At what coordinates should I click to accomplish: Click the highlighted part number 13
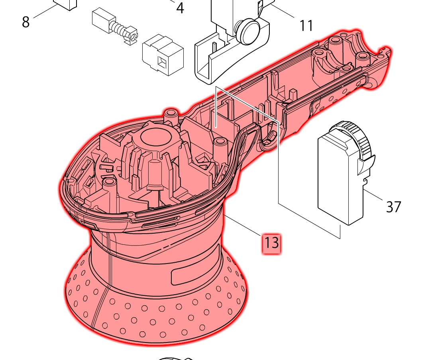(271, 243)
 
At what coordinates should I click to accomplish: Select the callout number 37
(393, 207)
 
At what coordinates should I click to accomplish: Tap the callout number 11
(306, 26)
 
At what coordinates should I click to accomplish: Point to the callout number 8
(26, 22)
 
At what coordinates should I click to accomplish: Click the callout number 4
(180, 8)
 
